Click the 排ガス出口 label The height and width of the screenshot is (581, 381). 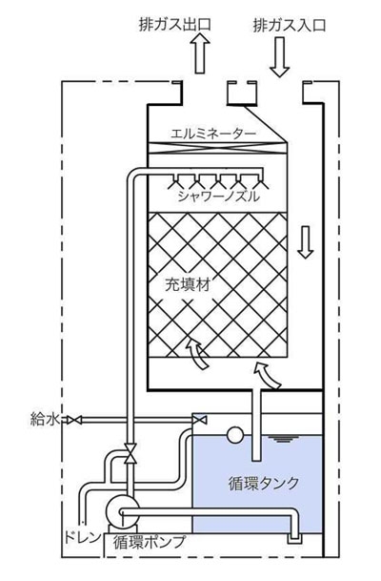click(175, 25)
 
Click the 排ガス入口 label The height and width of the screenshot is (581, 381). click(290, 25)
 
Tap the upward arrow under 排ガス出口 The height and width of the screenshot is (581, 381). click(200, 52)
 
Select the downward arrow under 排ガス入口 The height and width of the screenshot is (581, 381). click(280, 56)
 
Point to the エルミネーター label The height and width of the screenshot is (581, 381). click(213, 133)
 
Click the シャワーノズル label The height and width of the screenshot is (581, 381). click(218, 196)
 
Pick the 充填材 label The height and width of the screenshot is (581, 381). click(188, 284)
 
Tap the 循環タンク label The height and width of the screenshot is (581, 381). click(264, 483)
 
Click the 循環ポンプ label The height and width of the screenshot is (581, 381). click(150, 542)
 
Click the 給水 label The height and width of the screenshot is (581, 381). click(45, 420)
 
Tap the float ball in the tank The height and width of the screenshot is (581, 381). click(235, 435)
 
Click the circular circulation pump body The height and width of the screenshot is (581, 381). click(122, 511)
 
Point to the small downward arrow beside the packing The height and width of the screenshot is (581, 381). click(305, 242)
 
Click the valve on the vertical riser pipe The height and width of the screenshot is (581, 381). click(130, 453)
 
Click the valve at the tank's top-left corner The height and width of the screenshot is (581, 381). click(200, 420)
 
